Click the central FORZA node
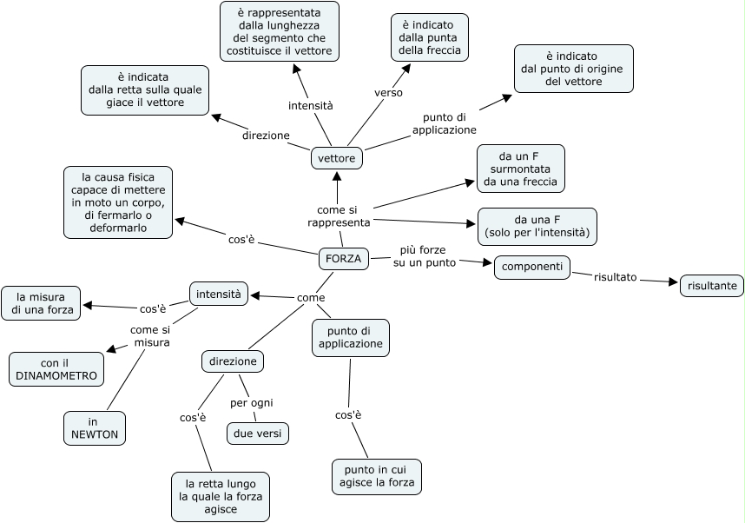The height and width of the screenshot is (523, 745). (x=343, y=258)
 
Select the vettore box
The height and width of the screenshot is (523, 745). (x=336, y=158)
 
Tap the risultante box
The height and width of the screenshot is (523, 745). (x=711, y=285)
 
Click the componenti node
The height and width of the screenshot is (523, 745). (x=532, y=267)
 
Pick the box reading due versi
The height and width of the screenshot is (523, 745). (x=257, y=433)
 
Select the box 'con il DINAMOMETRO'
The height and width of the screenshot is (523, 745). (x=56, y=369)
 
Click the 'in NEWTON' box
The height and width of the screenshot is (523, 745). (x=95, y=427)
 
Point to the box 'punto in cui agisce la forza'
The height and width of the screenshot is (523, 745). (x=376, y=476)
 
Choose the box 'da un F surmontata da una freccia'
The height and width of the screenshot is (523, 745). (x=520, y=168)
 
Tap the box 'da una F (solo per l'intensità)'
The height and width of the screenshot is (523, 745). (x=537, y=226)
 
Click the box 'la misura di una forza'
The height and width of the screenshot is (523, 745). (x=42, y=302)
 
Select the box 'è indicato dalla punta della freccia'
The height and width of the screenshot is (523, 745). (x=429, y=37)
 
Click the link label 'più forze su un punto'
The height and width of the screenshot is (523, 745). (x=423, y=256)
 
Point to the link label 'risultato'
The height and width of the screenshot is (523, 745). (x=615, y=277)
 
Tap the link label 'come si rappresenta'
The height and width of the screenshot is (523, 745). (x=339, y=216)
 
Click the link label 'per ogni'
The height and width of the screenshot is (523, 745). (x=252, y=402)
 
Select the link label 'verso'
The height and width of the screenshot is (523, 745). (x=388, y=92)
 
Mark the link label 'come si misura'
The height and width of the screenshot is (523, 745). (x=150, y=336)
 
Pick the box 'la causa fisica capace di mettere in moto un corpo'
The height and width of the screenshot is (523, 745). (x=118, y=202)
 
